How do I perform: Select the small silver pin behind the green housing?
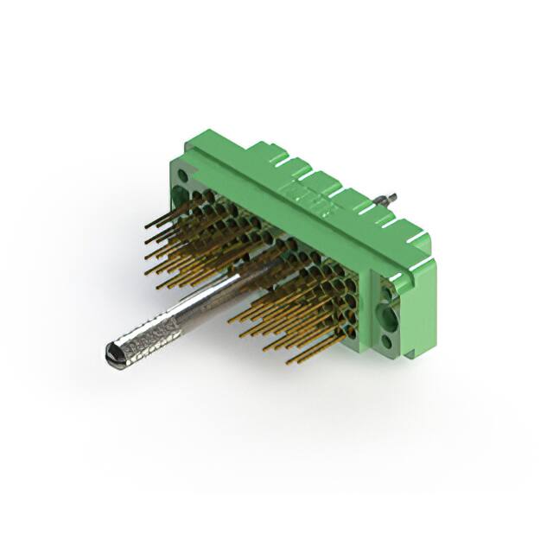click(390, 197)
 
